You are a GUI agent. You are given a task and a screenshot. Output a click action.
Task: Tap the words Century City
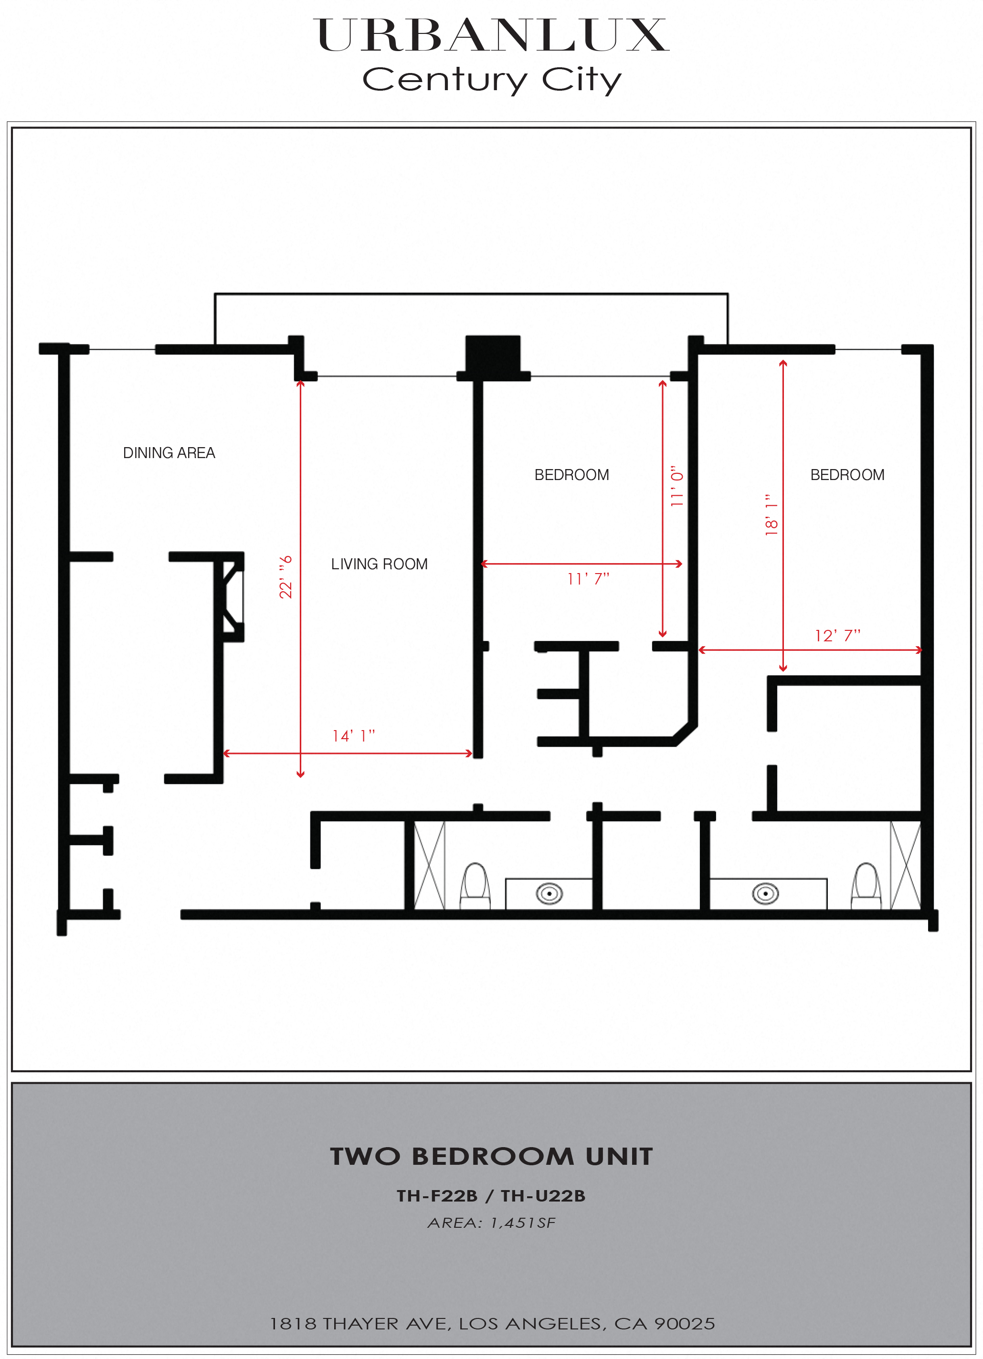click(492, 80)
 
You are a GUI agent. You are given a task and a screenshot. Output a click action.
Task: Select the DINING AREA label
click(169, 453)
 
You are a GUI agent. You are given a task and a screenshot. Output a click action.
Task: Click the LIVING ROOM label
click(380, 564)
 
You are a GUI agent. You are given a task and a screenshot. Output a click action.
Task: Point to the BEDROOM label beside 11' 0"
click(572, 475)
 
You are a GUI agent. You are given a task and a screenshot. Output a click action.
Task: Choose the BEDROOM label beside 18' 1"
click(847, 475)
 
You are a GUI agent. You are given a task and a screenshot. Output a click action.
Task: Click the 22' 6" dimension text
click(286, 576)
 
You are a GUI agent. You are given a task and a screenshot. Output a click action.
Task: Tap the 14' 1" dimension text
click(354, 735)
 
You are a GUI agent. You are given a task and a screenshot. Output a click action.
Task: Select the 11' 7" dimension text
click(589, 578)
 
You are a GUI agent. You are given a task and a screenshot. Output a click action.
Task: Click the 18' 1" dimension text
click(772, 515)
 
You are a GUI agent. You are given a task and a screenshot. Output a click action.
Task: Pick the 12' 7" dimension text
click(837, 635)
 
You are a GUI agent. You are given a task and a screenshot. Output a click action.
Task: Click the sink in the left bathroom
click(549, 894)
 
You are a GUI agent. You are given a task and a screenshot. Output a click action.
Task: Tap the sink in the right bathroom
click(765, 894)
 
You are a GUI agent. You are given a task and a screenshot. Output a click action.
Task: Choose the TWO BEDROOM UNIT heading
click(492, 1157)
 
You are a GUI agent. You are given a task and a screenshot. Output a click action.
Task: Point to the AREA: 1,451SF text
click(492, 1223)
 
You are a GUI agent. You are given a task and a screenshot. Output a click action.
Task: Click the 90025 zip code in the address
click(685, 1324)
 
